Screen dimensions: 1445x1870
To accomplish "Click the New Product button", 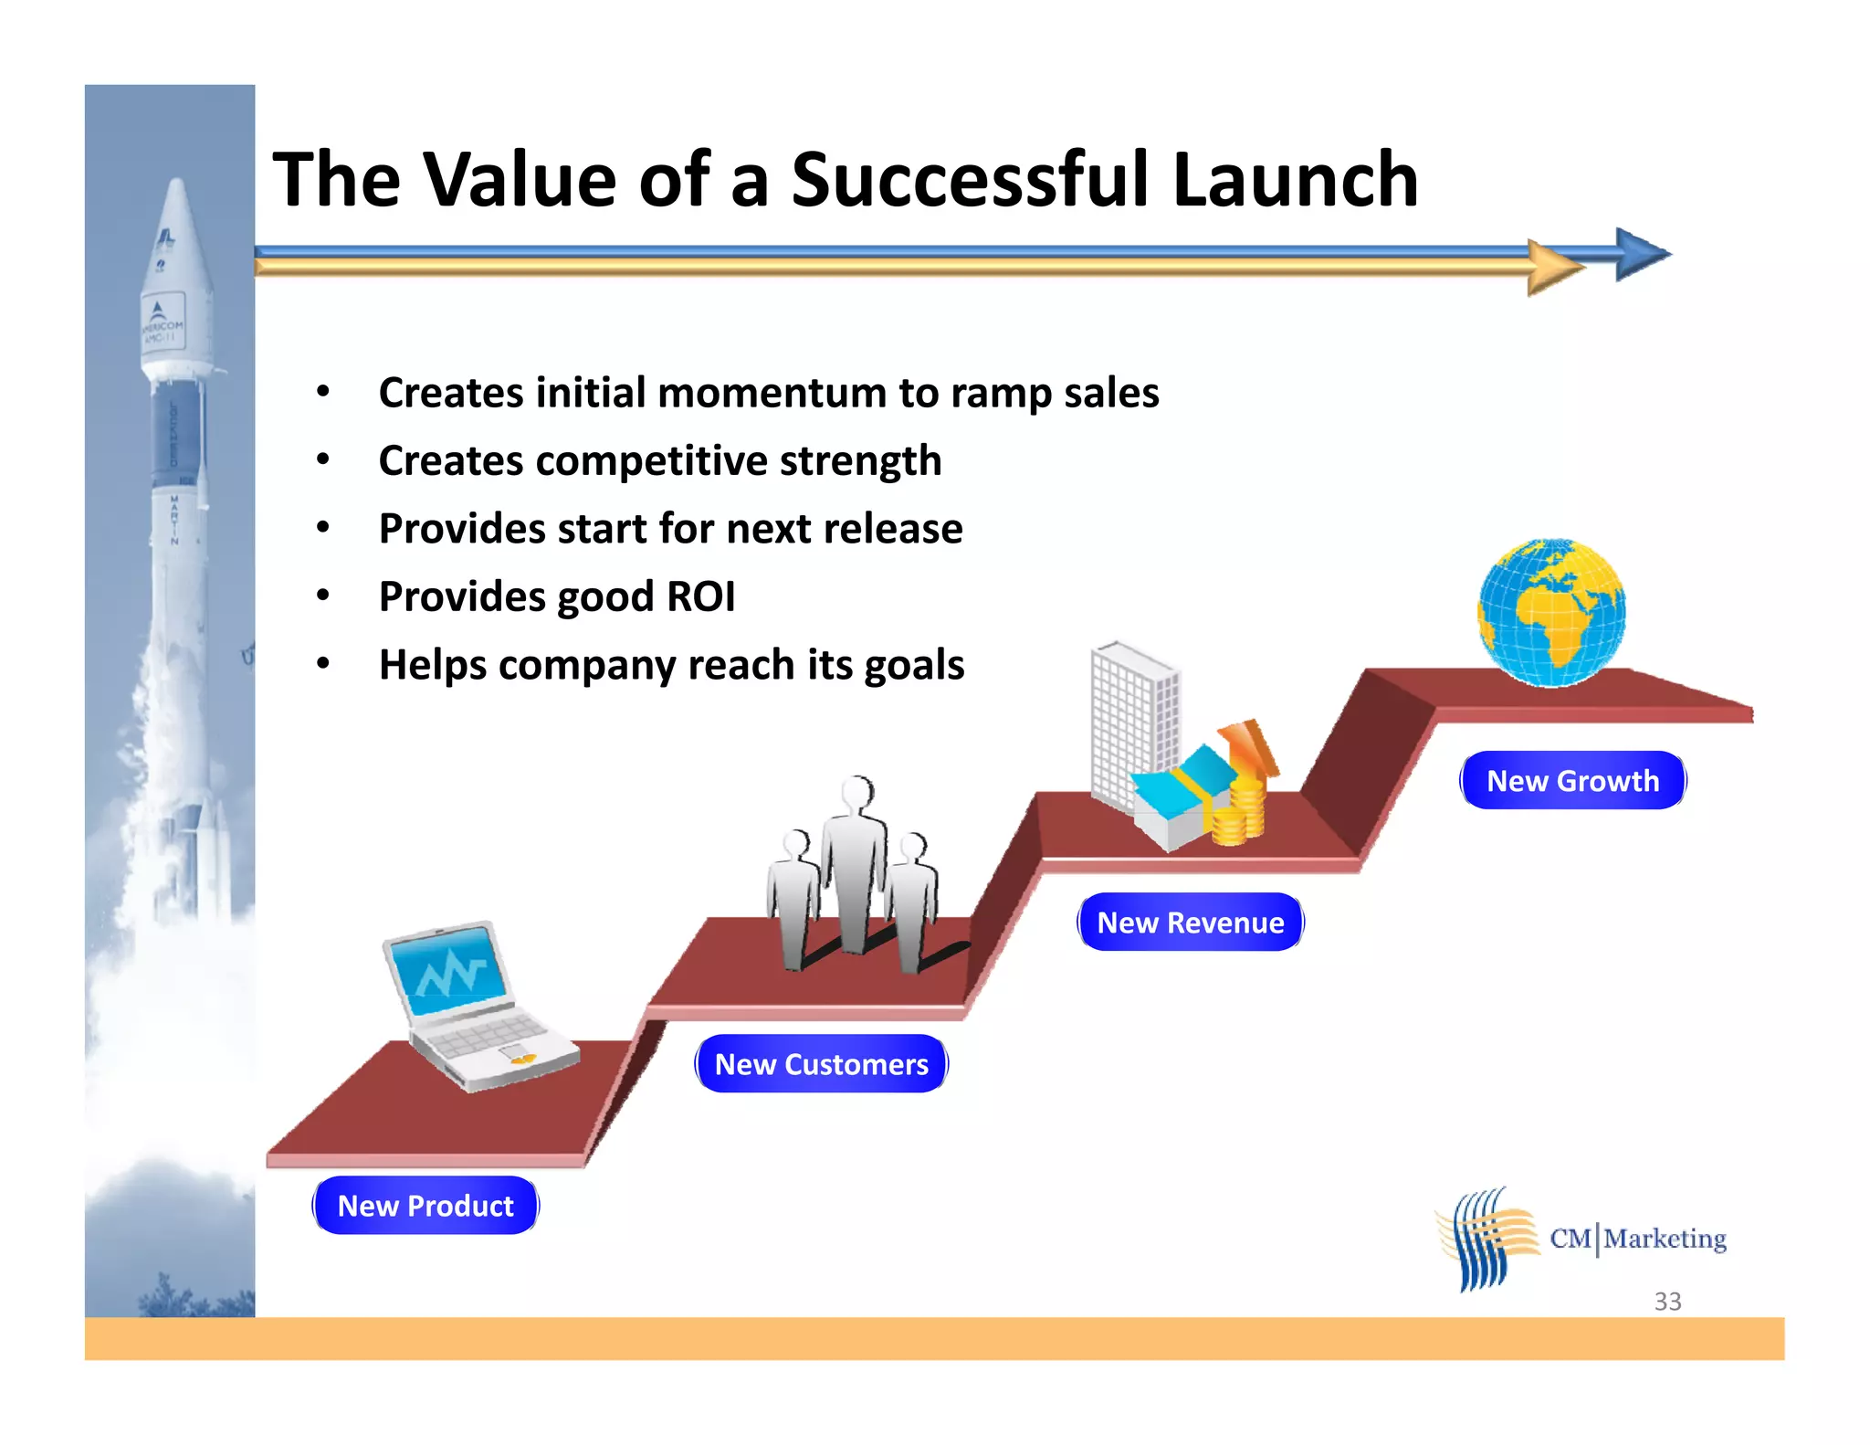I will (x=425, y=1206).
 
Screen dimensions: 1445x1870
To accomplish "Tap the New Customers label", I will (x=821, y=1064).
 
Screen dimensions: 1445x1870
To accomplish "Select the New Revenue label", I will (x=1191, y=923).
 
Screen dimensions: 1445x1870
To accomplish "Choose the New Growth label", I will (x=1572, y=781).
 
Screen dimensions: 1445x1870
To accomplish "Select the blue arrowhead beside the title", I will (x=1641, y=254).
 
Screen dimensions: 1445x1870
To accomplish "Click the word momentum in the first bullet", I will (x=772, y=393).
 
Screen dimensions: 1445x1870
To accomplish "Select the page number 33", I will (x=1667, y=1301).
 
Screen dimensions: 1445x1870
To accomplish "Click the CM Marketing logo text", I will (x=1638, y=1239).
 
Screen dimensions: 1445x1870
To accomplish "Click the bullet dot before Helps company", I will (x=322, y=664).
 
